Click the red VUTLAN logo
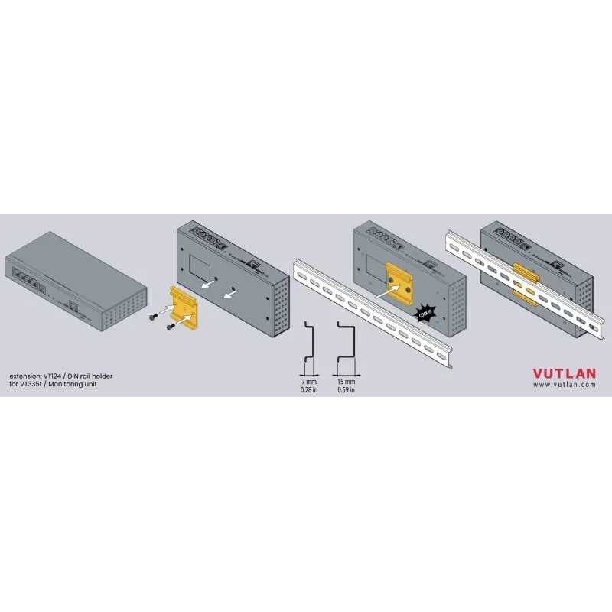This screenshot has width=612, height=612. (x=565, y=373)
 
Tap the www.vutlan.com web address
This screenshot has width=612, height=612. (x=565, y=385)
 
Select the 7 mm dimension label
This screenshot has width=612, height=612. (x=309, y=381)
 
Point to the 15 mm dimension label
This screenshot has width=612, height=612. (x=347, y=381)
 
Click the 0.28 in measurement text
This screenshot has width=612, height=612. (x=309, y=389)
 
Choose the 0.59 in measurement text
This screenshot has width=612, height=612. (x=347, y=389)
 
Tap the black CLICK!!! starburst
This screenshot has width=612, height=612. (x=425, y=313)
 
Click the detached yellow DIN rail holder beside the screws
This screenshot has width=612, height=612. (x=184, y=305)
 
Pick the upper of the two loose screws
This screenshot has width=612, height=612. (x=154, y=317)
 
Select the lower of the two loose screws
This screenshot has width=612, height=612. (x=171, y=327)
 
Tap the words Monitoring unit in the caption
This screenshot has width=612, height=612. (x=73, y=384)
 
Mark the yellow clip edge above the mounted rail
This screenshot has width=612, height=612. (x=526, y=272)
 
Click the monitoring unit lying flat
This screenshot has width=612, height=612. (x=76, y=281)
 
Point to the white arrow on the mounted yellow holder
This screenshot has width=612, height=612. (x=388, y=291)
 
